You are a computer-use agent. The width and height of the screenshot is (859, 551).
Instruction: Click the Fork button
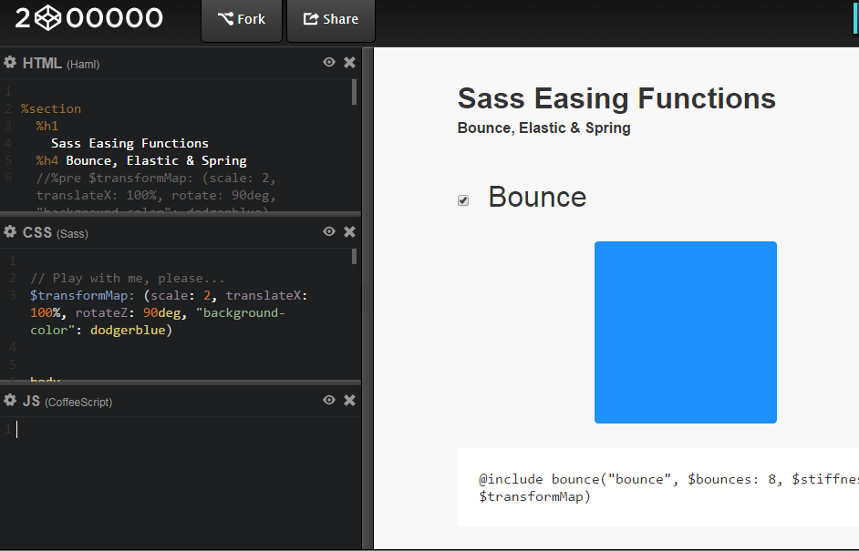click(x=242, y=19)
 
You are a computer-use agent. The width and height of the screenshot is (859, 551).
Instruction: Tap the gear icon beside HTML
click(x=10, y=63)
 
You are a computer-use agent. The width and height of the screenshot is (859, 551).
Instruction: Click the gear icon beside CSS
click(x=10, y=232)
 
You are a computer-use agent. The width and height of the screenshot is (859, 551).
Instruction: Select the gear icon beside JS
click(x=10, y=401)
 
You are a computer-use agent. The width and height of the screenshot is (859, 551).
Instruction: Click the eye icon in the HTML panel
click(x=329, y=63)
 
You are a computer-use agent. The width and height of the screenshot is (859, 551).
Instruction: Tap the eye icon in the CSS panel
click(x=329, y=232)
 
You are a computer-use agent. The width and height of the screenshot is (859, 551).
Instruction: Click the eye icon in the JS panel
click(x=329, y=401)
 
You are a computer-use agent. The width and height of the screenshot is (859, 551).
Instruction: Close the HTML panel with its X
click(x=349, y=63)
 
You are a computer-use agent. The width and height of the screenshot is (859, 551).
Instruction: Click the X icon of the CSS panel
click(x=349, y=232)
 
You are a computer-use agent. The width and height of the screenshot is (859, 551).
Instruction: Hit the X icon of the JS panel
click(x=349, y=401)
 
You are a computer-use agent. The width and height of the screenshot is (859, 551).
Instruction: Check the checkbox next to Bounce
click(x=463, y=200)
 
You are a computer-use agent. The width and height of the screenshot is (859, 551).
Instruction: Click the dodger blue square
click(x=685, y=332)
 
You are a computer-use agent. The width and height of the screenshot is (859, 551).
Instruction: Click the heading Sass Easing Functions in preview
click(x=616, y=98)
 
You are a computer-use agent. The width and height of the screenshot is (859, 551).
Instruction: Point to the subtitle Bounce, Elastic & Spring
click(x=543, y=128)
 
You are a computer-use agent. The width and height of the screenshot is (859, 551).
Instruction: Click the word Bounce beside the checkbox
click(x=537, y=197)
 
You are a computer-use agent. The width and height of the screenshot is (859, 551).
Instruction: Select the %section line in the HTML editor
click(x=51, y=108)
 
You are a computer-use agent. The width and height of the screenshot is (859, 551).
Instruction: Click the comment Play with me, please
click(x=127, y=278)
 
